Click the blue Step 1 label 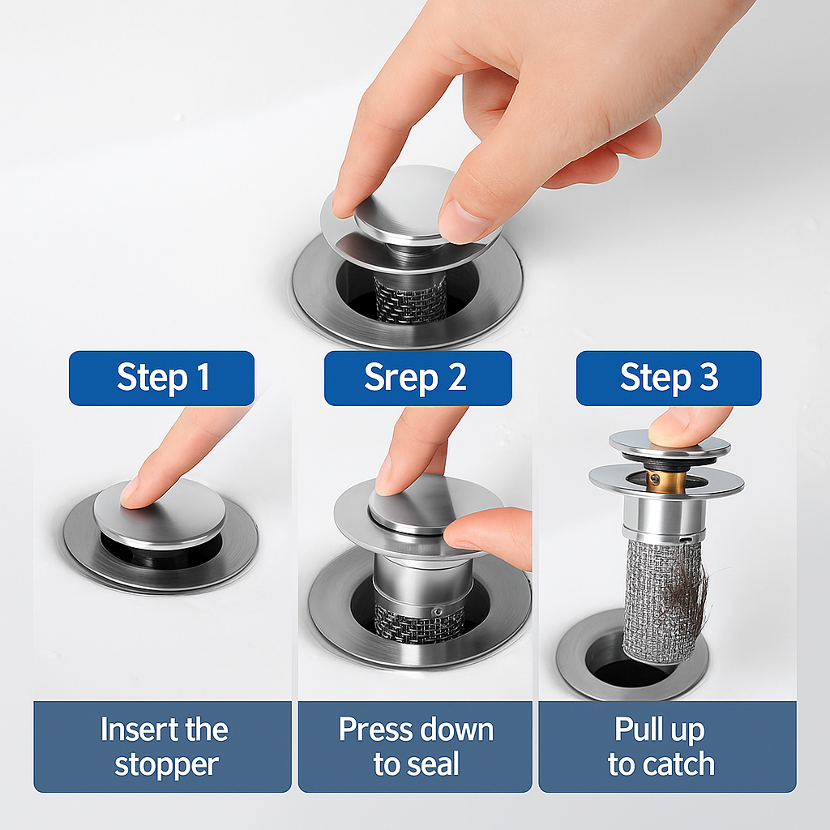161,378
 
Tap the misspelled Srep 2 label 417,378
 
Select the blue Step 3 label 669,378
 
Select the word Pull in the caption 634,729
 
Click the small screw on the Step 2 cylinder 437,612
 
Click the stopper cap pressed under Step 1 160,512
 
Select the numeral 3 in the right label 709,377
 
